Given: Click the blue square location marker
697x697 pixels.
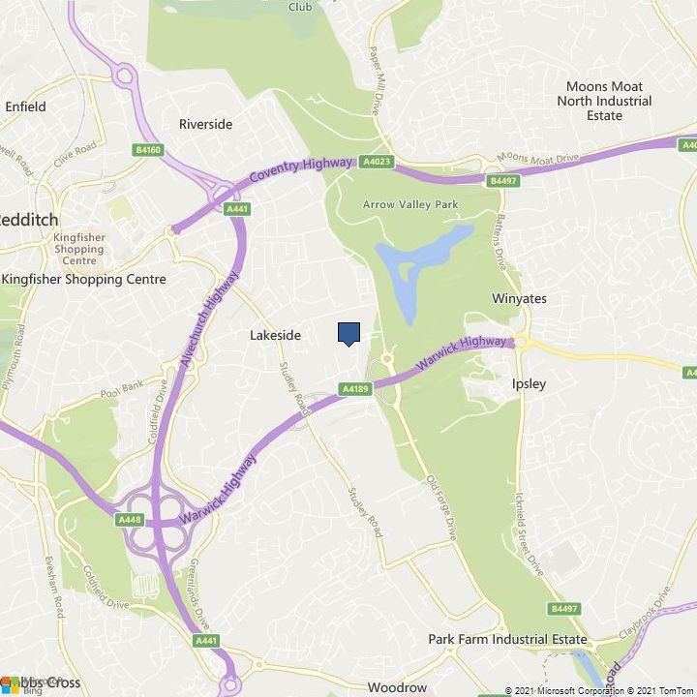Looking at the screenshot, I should [349, 333].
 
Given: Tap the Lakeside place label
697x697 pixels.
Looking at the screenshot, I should [275, 336].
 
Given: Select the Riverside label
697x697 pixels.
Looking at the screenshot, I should [206, 124].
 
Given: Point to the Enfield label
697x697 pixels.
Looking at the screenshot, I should [25, 106].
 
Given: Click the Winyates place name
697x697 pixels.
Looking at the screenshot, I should [519, 298].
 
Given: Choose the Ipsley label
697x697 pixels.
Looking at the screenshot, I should [529, 383].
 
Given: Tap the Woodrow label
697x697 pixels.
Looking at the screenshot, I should [397, 687].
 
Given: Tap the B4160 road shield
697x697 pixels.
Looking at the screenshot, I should [148, 150].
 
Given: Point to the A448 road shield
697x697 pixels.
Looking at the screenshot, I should [130, 520].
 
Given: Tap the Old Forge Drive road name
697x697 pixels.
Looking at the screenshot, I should [439, 507].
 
